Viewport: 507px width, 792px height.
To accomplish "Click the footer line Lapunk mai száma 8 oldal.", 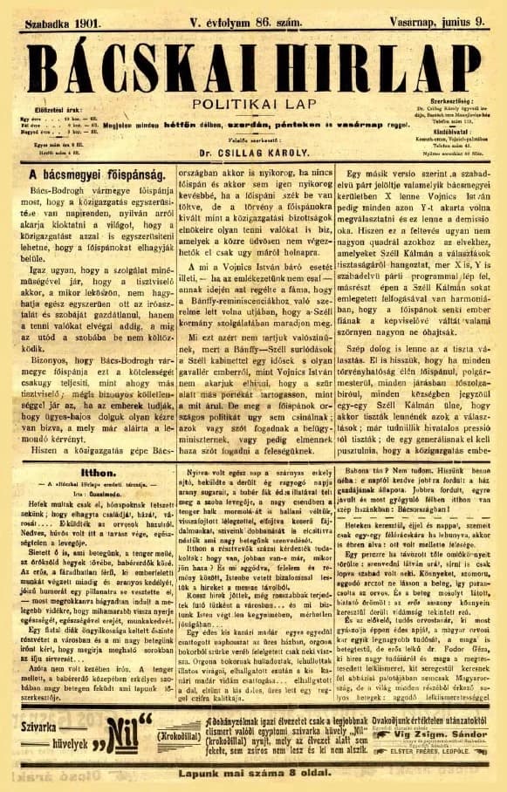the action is pyautogui.click(x=253, y=772).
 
